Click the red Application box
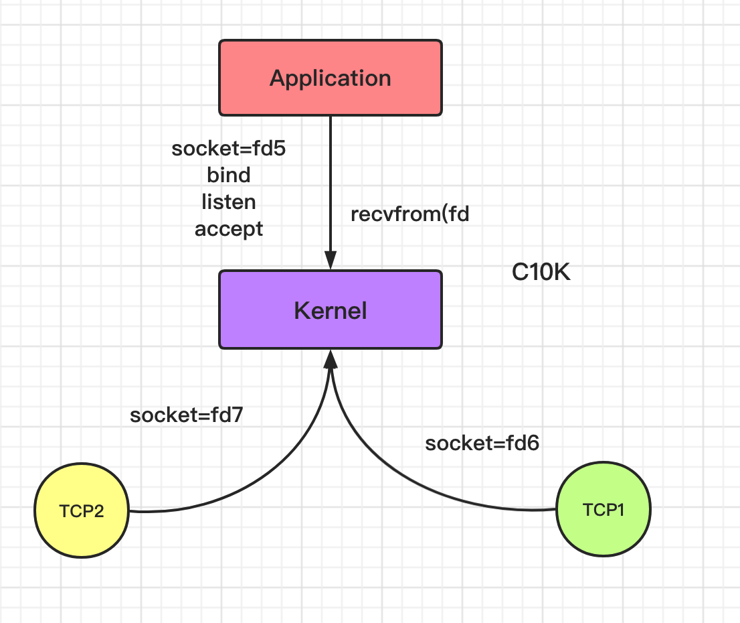tap(331, 78)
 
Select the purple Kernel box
tap(331, 309)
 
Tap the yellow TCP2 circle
tap(82, 510)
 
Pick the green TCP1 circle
tap(604, 509)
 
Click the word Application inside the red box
tap(331, 78)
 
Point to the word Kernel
tap(331, 311)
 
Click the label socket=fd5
tap(228, 149)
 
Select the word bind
tap(229, 175)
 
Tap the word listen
tap(229, 202)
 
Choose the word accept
tap(229, 229)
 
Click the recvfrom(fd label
tap(410, 214)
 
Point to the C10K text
tap(541, 272)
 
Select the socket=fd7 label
tap(187, 415)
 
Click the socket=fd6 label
tap(482, 443)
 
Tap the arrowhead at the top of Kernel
tap(331, 261)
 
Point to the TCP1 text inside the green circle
tap(604, 510)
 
